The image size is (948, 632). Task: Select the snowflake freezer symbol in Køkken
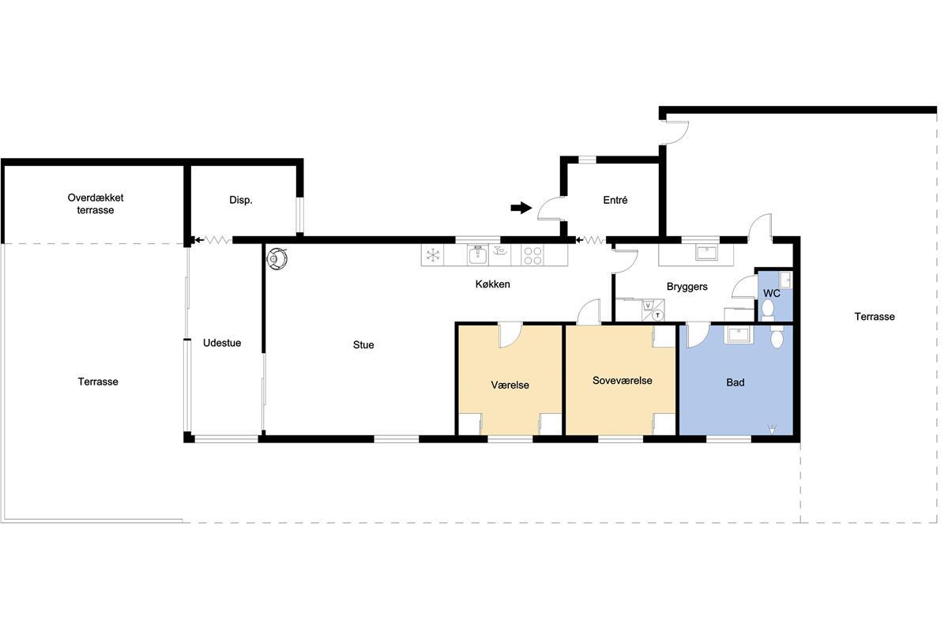[432, 254]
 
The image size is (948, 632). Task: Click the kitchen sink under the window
[477, 254]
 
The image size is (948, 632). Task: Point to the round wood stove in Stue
[276, 258]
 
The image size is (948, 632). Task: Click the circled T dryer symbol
[657, 315]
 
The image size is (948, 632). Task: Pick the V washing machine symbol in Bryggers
[649, 305]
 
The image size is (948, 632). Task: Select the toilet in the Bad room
[777, 338]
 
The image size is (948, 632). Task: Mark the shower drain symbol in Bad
[772, 430]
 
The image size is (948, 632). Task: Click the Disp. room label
[241, 201]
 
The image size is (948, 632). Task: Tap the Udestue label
[222, 343]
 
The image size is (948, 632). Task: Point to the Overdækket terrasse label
[96, 204]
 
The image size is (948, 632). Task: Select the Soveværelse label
[623, 381]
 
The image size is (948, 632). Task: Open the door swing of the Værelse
[510, 335]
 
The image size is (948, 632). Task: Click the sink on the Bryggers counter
[705, 253]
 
